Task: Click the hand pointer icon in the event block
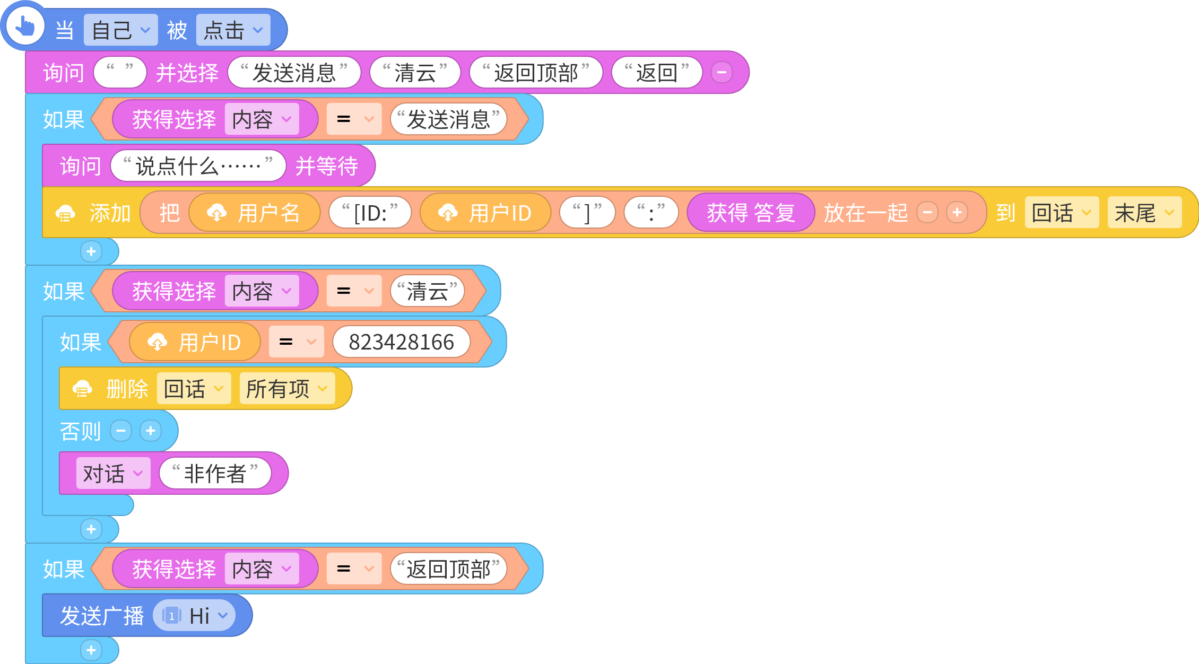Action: click(25, 27)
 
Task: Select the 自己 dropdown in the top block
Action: click(120, 30)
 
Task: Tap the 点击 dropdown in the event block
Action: click(233, 30)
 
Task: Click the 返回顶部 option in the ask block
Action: click(536, 73)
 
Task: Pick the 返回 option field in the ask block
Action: click(657, 73)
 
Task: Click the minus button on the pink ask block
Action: click(722, 72)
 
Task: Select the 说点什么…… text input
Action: click(198, 166)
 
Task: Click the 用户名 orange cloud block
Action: click(255, 213)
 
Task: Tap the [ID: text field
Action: click(370, 213)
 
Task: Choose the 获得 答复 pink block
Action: click(751, 213)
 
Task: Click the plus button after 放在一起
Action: click(957, 213)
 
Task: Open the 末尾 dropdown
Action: click(1144, 213)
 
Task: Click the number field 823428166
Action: click(401, 342)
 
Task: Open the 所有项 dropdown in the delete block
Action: click(287, 389)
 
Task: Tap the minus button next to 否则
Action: click(121, 431)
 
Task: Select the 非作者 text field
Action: click(215, 473)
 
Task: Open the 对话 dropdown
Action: click(113, 473)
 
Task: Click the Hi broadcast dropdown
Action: click(194, 616)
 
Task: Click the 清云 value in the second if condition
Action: click(428, 291)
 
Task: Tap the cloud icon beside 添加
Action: click(65, 213)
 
